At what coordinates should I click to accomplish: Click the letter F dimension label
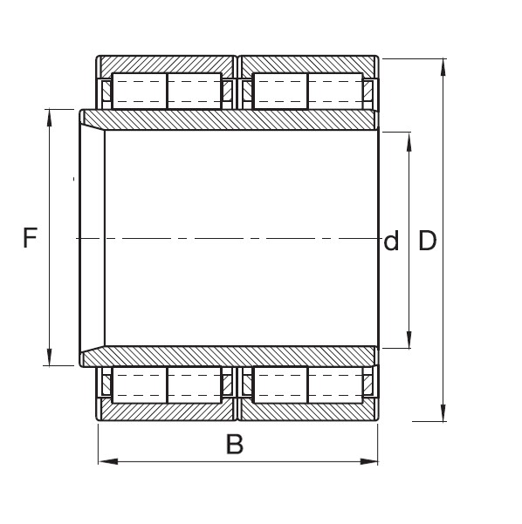click(31, 238)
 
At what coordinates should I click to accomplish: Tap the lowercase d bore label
click(391, 242)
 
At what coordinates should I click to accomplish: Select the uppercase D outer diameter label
click(427, 241)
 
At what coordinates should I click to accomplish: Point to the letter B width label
click(234, 445)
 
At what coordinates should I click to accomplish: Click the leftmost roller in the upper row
click(140, 92)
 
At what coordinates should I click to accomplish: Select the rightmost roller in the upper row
click(334, 92)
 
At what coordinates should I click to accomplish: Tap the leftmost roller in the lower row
click(140, 384)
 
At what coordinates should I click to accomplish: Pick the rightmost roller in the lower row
click(334, 384)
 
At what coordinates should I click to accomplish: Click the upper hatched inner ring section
click(236, 120)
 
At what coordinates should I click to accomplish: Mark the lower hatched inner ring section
click(236, 357)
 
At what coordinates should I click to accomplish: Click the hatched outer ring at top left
click(166, 66)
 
